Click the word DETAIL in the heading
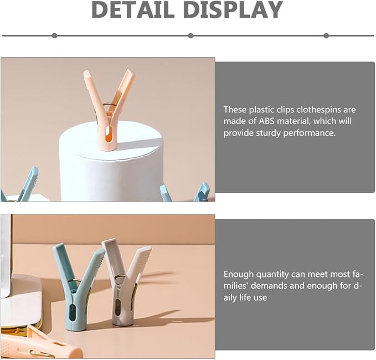point(133,9)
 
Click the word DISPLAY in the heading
point(234,9)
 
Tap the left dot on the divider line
point(54,36)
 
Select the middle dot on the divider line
point(190,36)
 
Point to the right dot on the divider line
point(326,36)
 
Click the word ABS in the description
point(266,121)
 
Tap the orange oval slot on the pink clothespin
point(109,135)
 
